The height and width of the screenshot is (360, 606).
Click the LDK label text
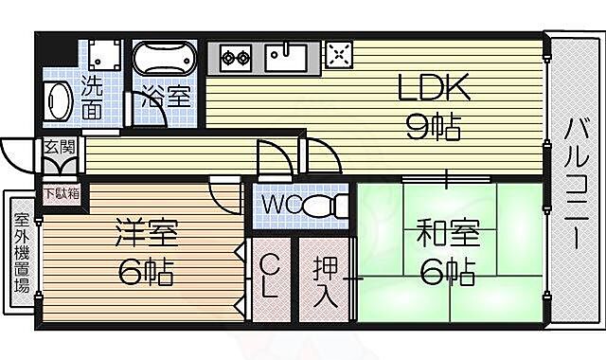tap(433, 90)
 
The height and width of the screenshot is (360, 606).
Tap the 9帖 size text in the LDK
tap(433, 125)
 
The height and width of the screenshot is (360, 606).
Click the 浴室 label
tap(167, 96)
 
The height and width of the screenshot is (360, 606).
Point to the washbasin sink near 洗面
tap(59, 100)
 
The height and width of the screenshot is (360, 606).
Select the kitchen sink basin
tap(287, 58)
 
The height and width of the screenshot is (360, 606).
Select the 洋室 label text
tap(147, 233)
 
